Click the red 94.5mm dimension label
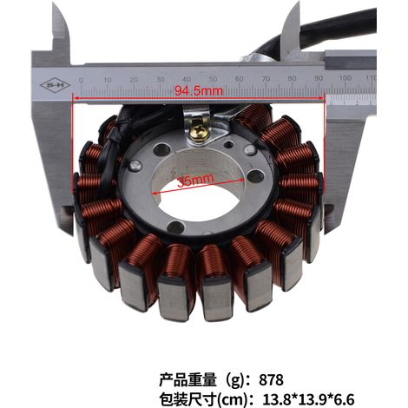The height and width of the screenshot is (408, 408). (199, 91)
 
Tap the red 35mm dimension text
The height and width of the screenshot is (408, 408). (195, 180)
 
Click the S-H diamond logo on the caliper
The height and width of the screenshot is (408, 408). (55, 85)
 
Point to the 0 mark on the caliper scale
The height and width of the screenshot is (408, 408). (81, 80)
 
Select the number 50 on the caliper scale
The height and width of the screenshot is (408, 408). (213, 79)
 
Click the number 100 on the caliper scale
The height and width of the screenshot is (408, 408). (345, 78)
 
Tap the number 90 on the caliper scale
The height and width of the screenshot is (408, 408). (319, 78)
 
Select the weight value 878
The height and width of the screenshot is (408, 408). (271, 379)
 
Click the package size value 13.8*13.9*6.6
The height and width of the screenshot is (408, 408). (308, 399)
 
